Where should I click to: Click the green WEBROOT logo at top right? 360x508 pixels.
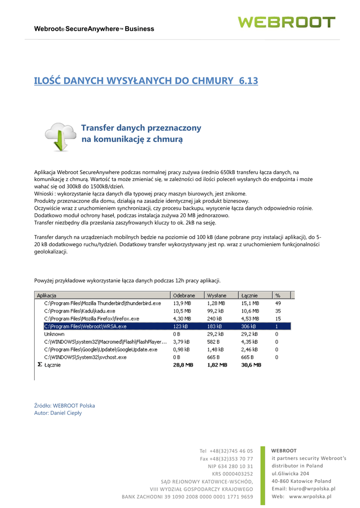287,22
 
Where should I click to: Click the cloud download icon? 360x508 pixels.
60,136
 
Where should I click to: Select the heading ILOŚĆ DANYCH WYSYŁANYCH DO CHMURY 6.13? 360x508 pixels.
146,80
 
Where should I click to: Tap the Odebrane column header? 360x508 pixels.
184,295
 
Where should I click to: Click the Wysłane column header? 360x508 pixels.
217,295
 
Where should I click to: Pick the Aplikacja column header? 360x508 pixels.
47,295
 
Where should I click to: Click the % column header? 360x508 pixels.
278,295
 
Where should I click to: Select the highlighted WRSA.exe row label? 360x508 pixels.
85,326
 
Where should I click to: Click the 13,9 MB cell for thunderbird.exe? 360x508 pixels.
182,303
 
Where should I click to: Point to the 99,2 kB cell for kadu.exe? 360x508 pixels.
216,311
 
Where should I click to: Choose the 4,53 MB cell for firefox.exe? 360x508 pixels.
250,318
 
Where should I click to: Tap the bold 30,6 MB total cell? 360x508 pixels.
251,365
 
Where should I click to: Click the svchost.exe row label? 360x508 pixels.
85,357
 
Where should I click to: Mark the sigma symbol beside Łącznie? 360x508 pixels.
40,365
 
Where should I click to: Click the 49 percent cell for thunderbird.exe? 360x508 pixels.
278,303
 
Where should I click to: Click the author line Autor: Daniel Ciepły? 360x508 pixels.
58,413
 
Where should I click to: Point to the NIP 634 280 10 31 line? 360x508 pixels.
230,466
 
